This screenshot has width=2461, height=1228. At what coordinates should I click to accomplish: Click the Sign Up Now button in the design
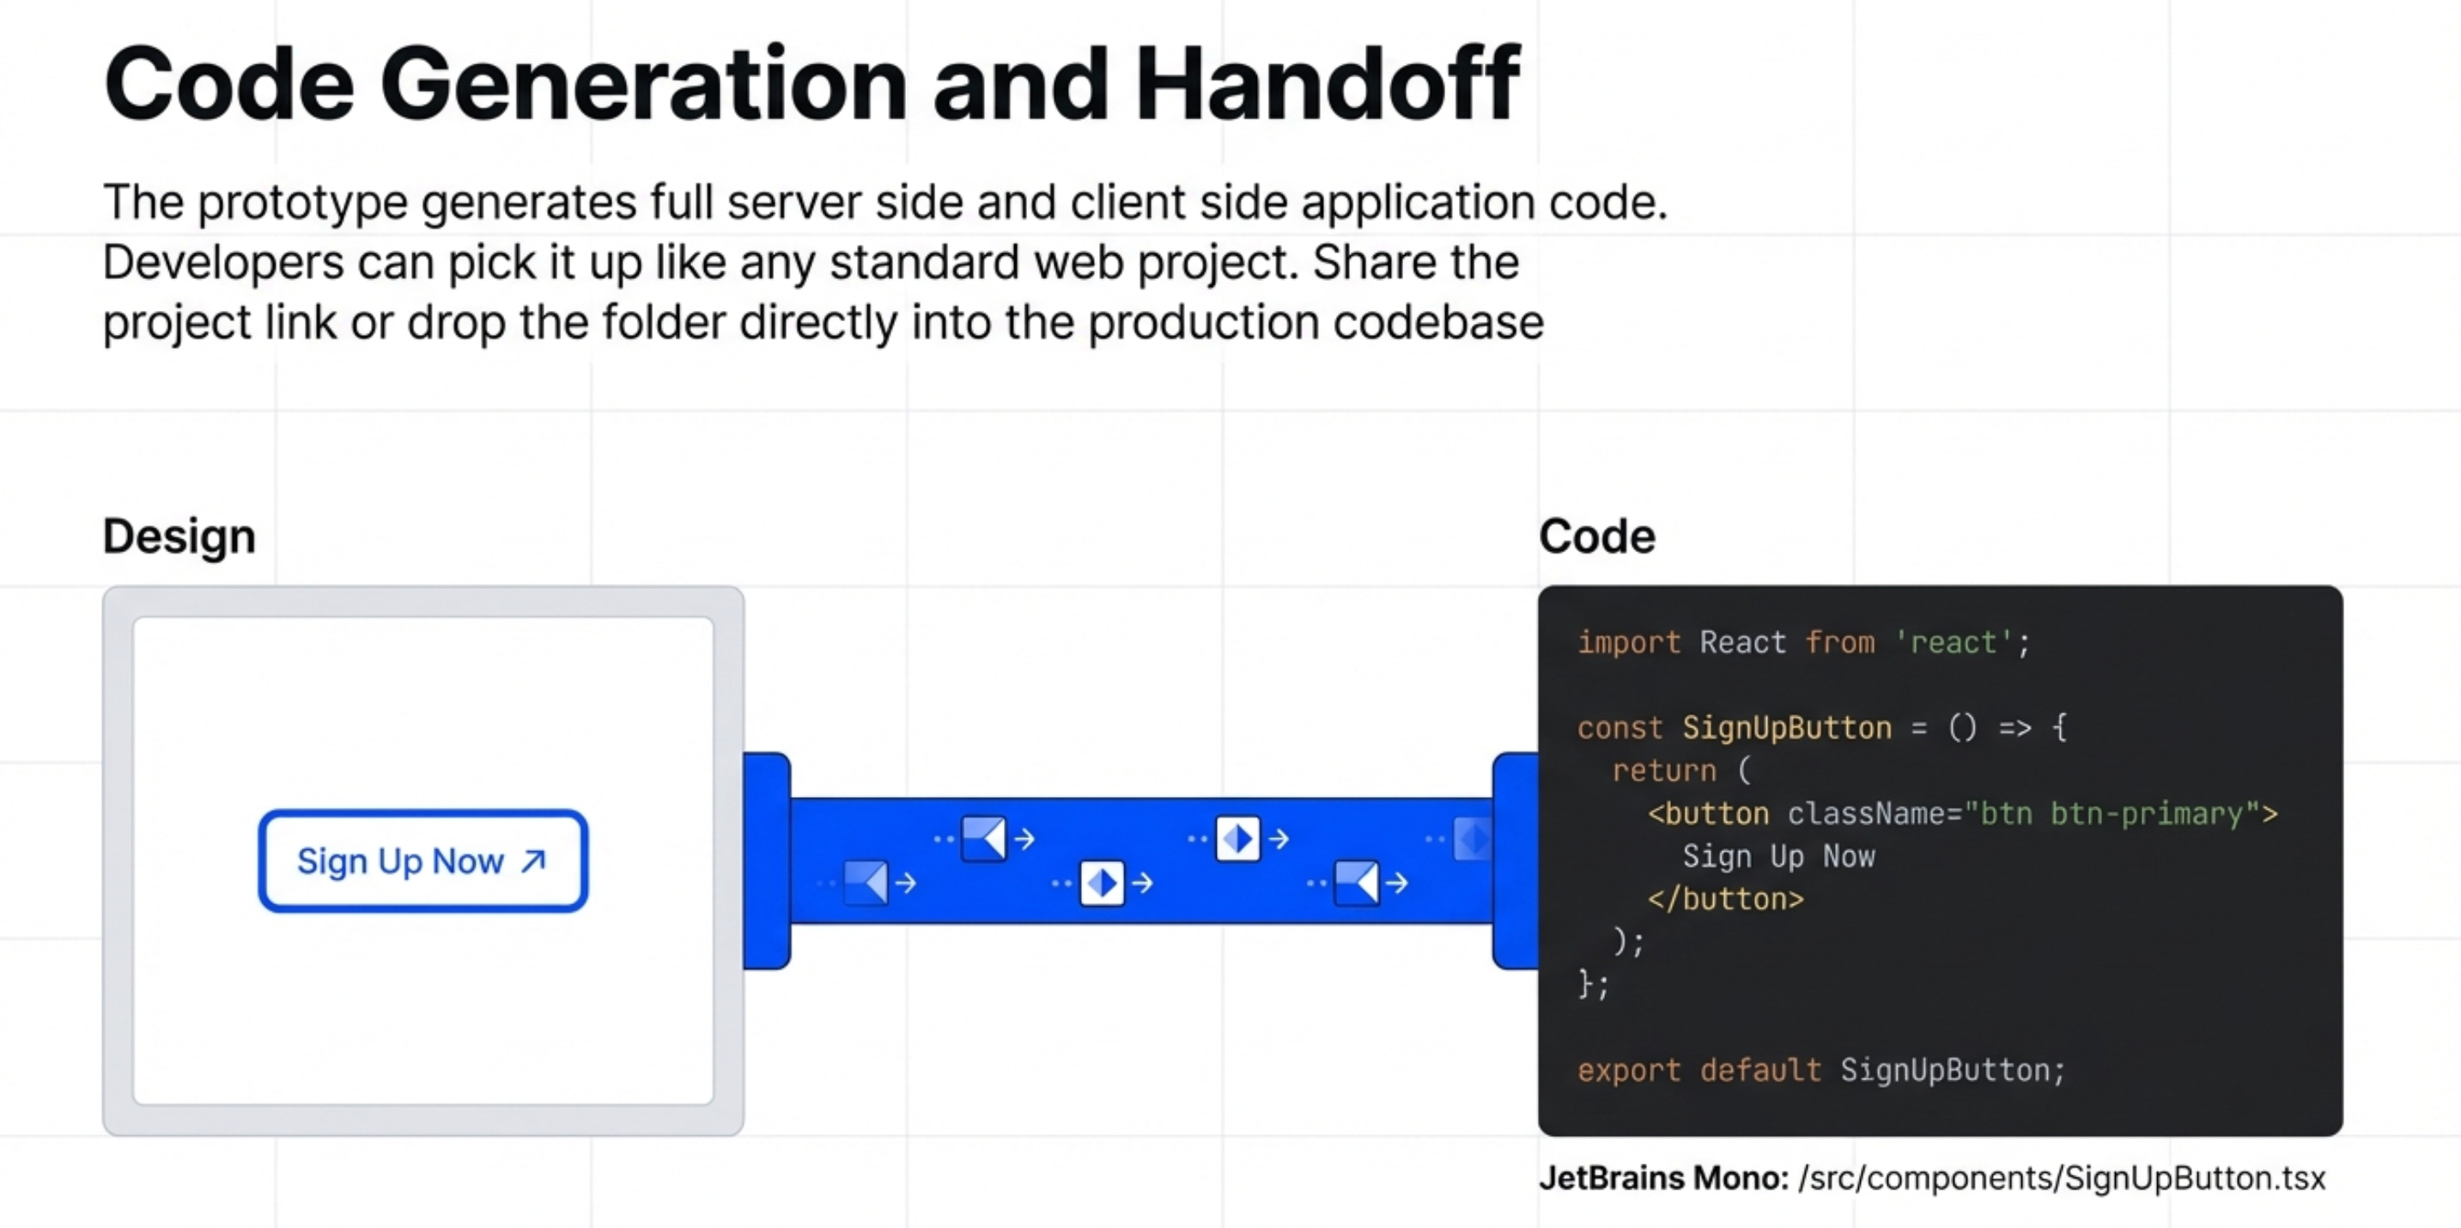(422, 861)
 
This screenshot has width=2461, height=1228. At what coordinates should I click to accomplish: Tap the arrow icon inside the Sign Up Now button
(533, 861)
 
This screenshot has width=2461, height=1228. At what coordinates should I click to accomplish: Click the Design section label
(179, 536)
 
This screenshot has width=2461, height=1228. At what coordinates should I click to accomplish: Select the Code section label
(1596, 536)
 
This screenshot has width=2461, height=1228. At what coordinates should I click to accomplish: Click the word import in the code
(1629, 642)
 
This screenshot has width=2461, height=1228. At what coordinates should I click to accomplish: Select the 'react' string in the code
(1953, 642)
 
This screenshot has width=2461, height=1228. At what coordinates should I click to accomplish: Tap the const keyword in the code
(1619, 728)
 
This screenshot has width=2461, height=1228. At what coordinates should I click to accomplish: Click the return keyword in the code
(1663, 770)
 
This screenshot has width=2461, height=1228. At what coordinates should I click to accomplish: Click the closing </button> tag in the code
(1725, 899)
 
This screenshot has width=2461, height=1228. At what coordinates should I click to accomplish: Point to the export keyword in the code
(1629, 1070)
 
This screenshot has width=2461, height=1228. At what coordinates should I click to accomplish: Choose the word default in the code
(1759, 1070)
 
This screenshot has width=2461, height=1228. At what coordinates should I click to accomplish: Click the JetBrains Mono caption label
(1663, 1178)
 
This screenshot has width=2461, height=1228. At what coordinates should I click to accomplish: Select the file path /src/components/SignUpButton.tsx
(2062, 1178)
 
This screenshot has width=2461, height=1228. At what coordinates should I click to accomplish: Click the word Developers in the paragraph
(222, 263)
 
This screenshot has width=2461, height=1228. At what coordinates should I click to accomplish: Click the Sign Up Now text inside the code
(1779, 856)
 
